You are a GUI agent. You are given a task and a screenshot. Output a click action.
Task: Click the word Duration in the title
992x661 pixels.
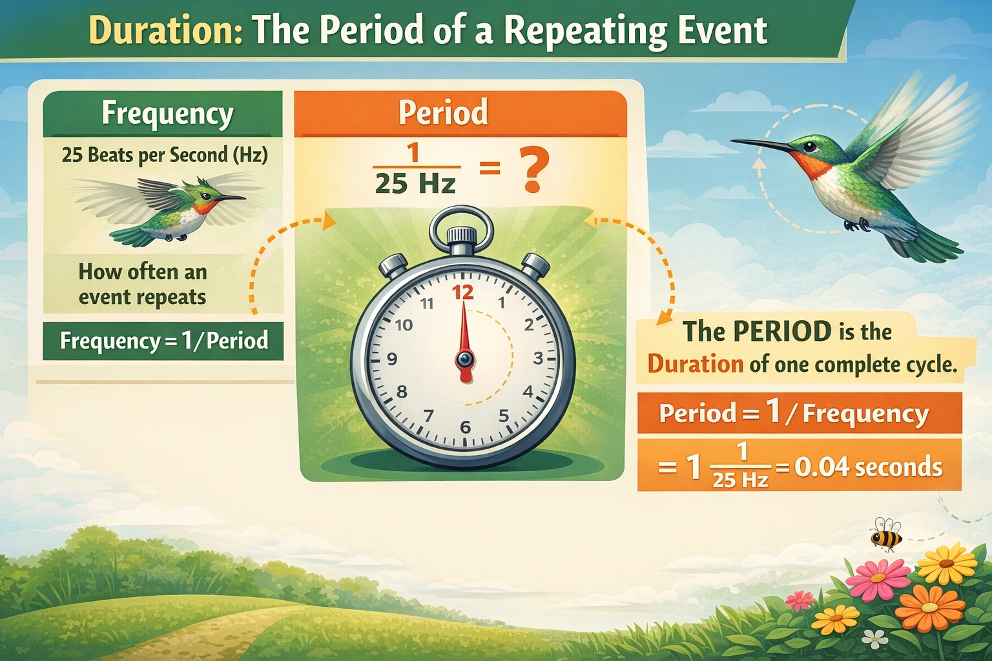[165, 30]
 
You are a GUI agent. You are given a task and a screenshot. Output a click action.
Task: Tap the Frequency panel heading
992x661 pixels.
[167, 114]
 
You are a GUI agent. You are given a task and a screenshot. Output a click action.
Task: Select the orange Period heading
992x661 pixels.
[443, 112]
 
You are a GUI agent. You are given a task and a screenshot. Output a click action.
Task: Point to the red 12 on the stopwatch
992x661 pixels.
[462, 292]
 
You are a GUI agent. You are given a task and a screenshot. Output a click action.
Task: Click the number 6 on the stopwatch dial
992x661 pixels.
[465, 427]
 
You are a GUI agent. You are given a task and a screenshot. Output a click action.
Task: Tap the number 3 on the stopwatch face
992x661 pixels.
[538, 359]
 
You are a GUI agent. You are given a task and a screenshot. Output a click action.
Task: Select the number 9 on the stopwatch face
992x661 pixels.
[391, 360]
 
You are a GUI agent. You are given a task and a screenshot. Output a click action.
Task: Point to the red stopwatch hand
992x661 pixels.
[464, 336]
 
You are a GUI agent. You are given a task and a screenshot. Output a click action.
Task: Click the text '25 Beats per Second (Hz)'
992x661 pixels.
[165, 155]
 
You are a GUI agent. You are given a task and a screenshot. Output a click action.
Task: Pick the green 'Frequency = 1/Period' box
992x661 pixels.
[163, 341]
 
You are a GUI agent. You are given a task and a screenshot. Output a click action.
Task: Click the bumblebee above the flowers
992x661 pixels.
[885, 534]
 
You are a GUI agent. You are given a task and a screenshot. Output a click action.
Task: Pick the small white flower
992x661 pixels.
[874, 638]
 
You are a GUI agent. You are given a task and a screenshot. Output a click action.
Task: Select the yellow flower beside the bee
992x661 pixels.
[947, 563]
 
